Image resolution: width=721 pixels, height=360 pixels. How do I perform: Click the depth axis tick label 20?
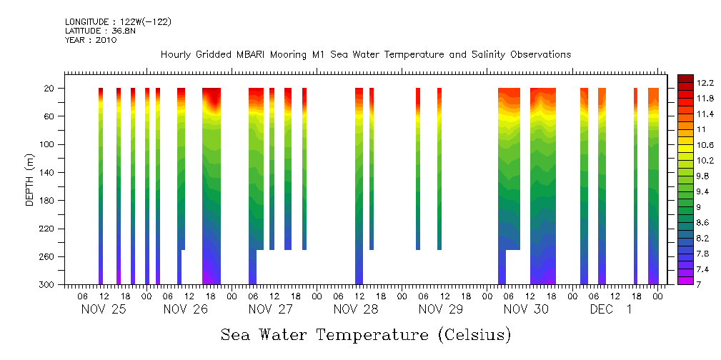[x=50, y=88]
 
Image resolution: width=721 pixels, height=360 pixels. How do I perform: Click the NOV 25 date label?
[x=103, y=309]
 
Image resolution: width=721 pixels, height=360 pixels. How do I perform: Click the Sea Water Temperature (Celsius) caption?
[x=365, y=334]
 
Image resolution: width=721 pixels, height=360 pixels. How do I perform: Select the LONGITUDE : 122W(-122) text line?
[x=118, y=22]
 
